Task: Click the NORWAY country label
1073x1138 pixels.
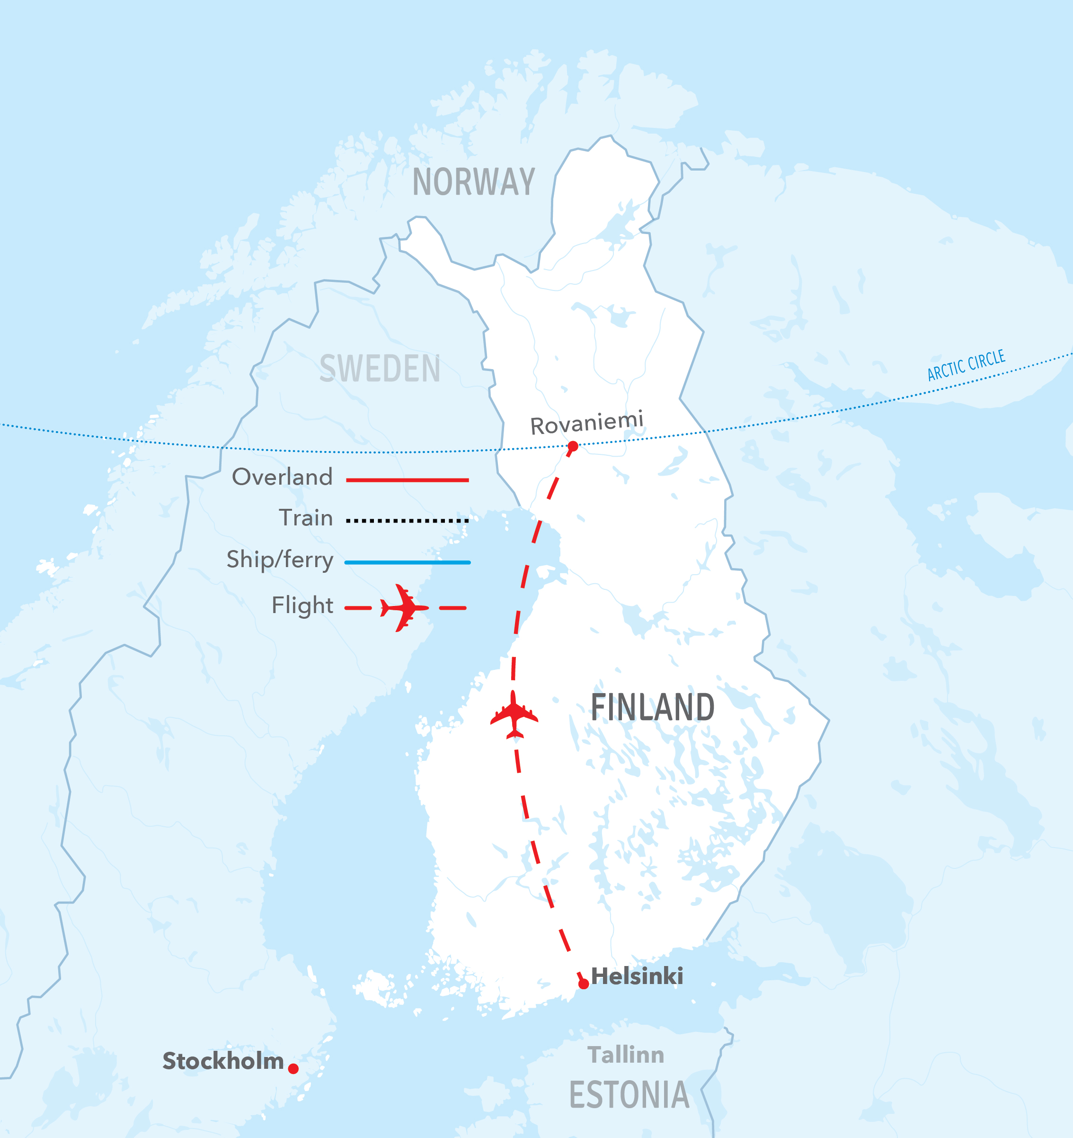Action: (474, 182)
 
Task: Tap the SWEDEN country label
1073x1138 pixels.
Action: (380, 369)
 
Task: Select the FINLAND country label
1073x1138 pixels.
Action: (652, 707)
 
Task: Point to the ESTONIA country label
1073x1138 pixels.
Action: (629, 1095)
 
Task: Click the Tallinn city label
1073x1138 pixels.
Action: (626, 1055)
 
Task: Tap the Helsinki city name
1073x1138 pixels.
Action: (637, 976)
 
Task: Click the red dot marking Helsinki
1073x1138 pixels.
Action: (584, 984)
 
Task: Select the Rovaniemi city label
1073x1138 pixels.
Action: (586, 424)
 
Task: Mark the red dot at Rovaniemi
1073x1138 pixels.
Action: (573, 446)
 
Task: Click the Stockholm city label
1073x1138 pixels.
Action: (223, 1061)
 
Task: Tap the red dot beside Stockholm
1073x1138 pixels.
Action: (293, 1069)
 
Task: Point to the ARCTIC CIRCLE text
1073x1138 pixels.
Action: (966, 366)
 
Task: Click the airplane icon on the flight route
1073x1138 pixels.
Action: (514, 715)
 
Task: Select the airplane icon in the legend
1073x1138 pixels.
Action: (404, 608)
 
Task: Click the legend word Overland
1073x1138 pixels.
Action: (282, 477)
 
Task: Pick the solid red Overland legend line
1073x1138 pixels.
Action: (407, 480)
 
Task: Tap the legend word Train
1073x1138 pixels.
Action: (305, 518)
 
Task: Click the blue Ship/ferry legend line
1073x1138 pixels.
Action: (407, 563)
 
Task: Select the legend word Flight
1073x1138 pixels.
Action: (302, 605)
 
